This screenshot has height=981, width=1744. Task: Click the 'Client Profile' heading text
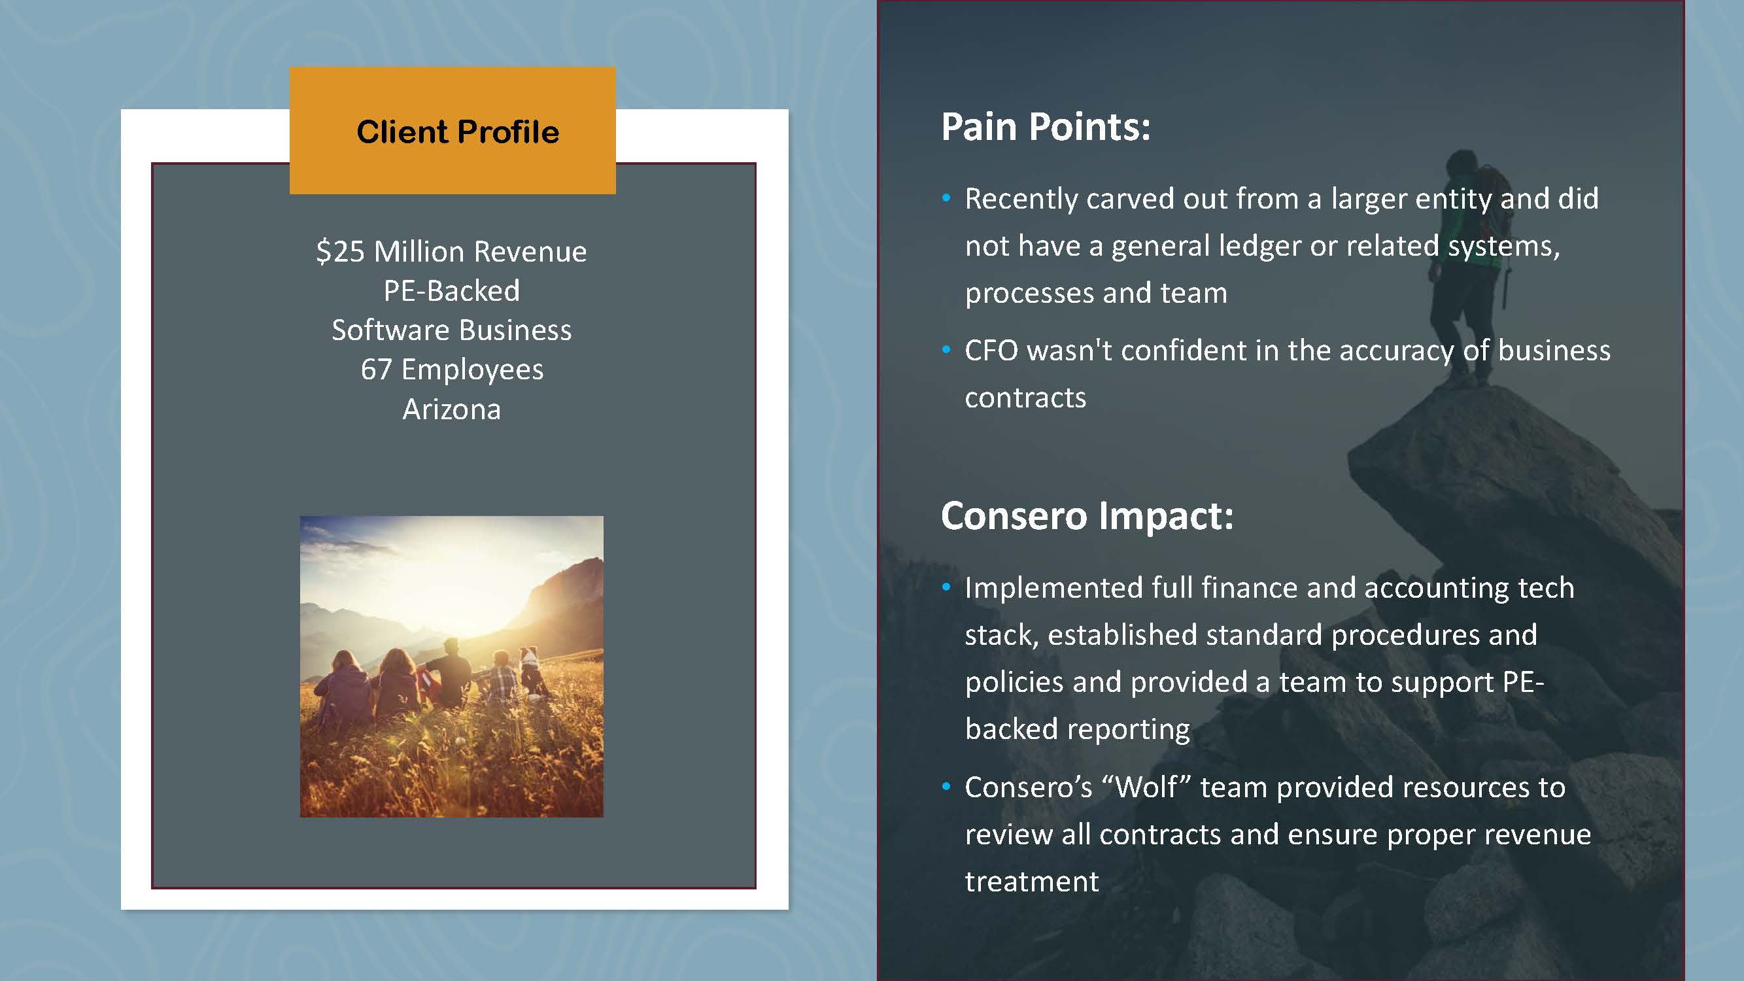pyautogui.click(x=458, y=131)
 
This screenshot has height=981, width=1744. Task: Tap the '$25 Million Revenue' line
pyautogui.click(x=452, y=251)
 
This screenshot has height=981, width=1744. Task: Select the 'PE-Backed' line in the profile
pyautogui.click(x=452, y=290)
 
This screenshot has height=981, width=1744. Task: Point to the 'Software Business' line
pyautogui.click(x=452, y=330)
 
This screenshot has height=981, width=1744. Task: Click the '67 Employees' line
pyautogui.click(x=452, y=370)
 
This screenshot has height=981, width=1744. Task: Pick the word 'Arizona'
pyautogui.click(x=452, y=409)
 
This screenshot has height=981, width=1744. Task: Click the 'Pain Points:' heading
pyautogui.click(x=1046, y=127)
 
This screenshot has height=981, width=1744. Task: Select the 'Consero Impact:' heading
pyautogui.click(x=1087, y=516)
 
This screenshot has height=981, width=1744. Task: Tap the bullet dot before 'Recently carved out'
pyautogui.click(x=946, y=198)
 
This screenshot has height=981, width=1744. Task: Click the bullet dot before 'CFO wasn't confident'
pyautogui.click(x=946, y=350)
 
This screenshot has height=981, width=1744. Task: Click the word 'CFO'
pyautogui.click(x=991, y=351)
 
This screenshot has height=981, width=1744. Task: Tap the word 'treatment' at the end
pyautogui.click(x=1032, y=882)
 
